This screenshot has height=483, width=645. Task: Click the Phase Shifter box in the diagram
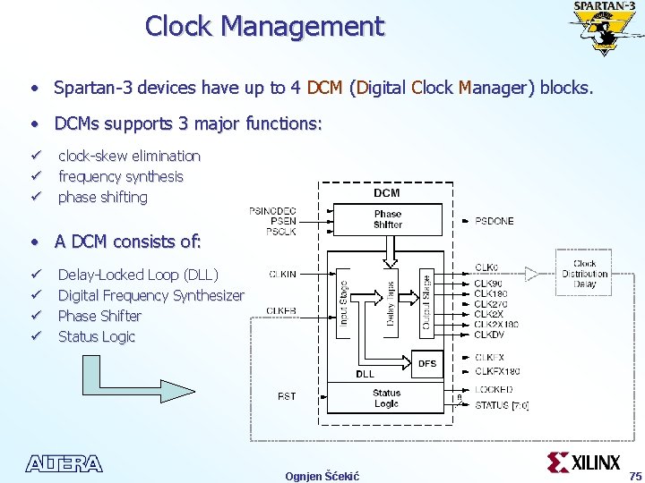[x=387, y=219]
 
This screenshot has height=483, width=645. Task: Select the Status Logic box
[x=386, y=398]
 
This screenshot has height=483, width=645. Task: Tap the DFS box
[x=427, y=362]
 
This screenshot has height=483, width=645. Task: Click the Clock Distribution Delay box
[x=584, y=274]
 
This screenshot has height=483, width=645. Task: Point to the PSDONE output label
[x=494, y=221]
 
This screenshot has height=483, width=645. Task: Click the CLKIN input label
[x=282, y=275]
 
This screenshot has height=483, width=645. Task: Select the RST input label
[x=287, y=395]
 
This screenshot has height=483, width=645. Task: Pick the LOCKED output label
[x=494, y=390]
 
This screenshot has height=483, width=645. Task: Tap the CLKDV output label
[x=489, y=335]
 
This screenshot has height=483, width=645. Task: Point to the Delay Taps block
[x=390, y=304]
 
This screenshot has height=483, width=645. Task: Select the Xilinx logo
[x=583, y=462]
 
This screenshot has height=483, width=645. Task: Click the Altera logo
[x=64, y=463]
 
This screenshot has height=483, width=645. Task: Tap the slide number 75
[x=635, y=475]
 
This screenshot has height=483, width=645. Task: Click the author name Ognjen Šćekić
[x=322, y=476]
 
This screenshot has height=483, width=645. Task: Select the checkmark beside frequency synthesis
[x=36, y=177]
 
